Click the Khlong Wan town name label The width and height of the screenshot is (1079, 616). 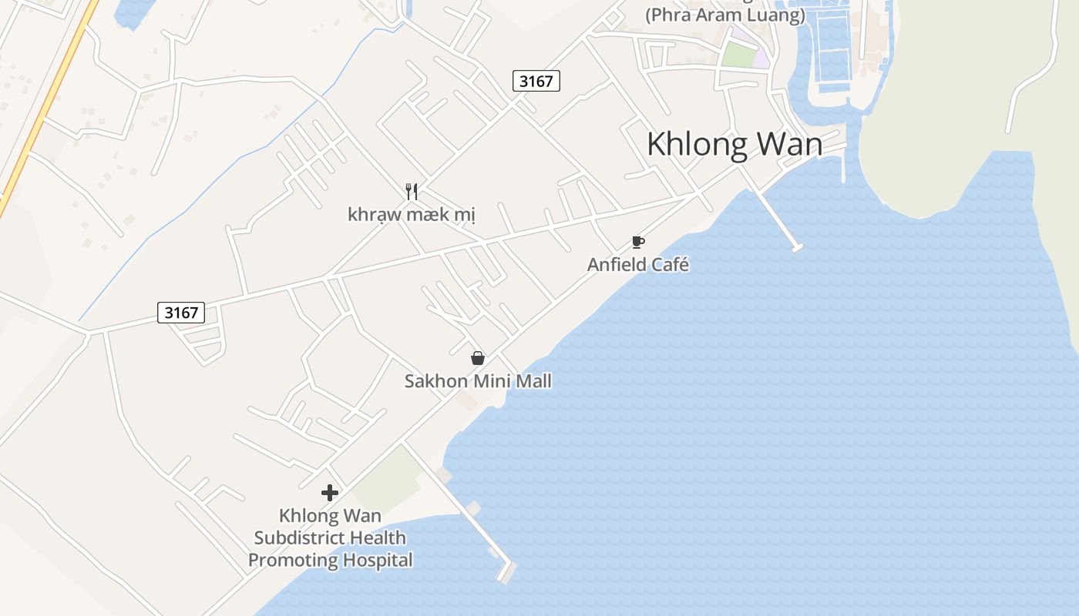pyautogui.click(x=734, y=145)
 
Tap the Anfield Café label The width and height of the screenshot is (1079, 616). pyautogui.click(x=637, y=265)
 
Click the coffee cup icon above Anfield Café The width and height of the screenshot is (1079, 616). pyautogui.click(x=637, y=243)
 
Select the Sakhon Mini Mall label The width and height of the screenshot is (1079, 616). pyautogui.click(x=478, y=381)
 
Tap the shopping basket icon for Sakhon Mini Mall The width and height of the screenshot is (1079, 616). pyautogui.click(x=478, y=358)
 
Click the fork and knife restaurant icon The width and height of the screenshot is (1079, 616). pyautogui.click(x=412, y=192)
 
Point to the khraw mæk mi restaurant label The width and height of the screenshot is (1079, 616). pyautogui.click(x=412, y=214)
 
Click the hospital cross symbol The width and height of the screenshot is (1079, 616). pyautogui.click(x=330, y=493)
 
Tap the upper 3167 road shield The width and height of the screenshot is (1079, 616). pyautogui.click(x=536, y=81)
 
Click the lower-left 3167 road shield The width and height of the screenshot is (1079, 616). pyautogui.click(x=182, y=313)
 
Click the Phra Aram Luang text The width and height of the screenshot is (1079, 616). pyautogui.click(x=724, y=15)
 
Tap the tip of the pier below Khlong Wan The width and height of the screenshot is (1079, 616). pyautogui.click(x=797, y=247)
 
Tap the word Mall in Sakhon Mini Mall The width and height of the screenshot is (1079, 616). pyautogui.click(x=533, y=381)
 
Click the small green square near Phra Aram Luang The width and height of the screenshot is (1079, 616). pyautogui.click(x=738, y=55)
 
